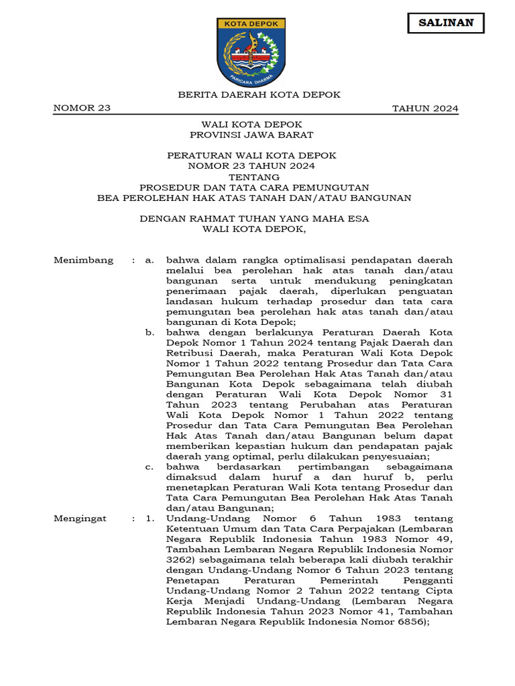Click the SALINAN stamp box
pyautogui.click(x=446, y=23)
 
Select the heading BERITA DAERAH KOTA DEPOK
pyautogui.click(x=259, y=94)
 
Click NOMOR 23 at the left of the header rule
pyautogui.click(x=82, y=109)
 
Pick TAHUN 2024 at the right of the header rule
pyautogui.click(x=425, y=109)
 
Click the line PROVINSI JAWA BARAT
pyautogui.click(x=251, y=135)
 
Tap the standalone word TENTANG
pyautogui.click(x=251, y=176)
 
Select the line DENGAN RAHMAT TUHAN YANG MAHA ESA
pyautogui.click(x=254, y=218)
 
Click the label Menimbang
pyautogui.click(x=84, y=260)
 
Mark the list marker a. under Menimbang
pyautogui.click(x=150, y=260)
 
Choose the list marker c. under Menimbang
pyautogui.click(x=150, y=466)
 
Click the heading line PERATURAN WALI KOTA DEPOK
pyautogui.click(x=251, y=155)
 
